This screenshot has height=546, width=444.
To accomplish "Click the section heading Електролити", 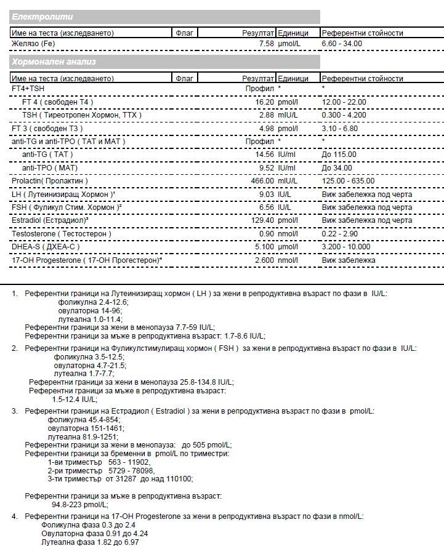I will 42,17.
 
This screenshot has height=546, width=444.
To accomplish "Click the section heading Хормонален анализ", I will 54,62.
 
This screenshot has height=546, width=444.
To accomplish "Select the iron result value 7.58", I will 266,44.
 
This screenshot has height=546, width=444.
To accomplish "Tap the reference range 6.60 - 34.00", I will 342,44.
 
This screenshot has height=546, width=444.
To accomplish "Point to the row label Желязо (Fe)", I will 33,44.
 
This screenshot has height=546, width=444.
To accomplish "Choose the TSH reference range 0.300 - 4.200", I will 344,115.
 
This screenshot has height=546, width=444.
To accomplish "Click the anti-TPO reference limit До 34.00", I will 337,167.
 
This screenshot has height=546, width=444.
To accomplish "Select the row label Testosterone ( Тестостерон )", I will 62,234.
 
